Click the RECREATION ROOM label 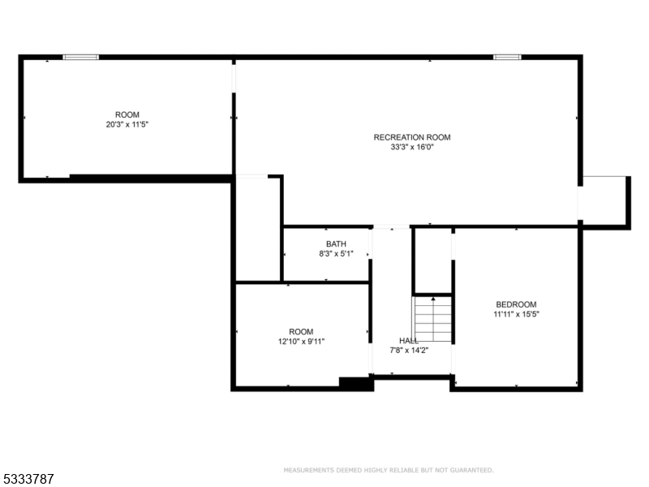[412, 137]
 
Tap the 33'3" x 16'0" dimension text [412, 147]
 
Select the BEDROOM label [516, 304]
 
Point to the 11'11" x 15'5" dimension [516, 314]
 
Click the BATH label [336, 244]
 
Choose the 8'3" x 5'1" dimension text [336, 254]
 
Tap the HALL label [409, 340]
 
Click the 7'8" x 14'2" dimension [409, 351]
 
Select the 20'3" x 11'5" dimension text [127, 124]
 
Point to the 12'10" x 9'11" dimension [301, 342]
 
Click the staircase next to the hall [432, 319]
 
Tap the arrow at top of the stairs [433, 299]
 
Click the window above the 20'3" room [80, 57]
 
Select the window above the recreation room [507, 57]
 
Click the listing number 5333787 [28, 479]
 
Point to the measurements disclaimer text [389, 470]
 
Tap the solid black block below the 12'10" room [356, 384]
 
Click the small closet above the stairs [433, 261]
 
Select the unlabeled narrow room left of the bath [258, 229]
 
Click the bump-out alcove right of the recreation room [604, 201]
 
